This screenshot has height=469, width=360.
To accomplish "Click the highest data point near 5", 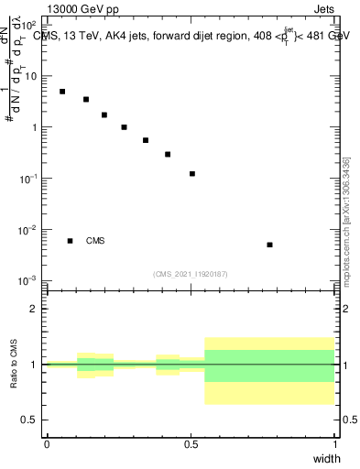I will [62, 92].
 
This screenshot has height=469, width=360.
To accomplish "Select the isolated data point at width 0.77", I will [269, 245].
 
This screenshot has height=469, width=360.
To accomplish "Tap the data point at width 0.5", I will [192, 173].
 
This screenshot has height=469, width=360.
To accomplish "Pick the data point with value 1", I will [124, 127].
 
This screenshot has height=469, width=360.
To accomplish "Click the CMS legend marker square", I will [71, 241].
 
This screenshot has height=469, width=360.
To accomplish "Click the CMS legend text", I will [95, 241].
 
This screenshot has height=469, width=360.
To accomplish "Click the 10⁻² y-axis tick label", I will [27, 229].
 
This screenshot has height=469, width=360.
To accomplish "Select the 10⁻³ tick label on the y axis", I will [27, 280].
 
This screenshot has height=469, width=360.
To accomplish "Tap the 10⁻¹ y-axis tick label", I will [27, 179].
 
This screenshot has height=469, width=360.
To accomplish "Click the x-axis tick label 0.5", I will [191, 444].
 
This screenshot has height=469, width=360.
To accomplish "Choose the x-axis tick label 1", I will [334, 444].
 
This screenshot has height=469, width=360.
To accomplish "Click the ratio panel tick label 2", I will [34, 310].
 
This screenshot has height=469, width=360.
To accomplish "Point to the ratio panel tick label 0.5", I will [30, 420].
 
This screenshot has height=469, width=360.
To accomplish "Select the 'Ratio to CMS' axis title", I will [14, 364].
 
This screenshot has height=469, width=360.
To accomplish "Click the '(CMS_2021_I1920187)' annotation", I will [191, 274].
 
